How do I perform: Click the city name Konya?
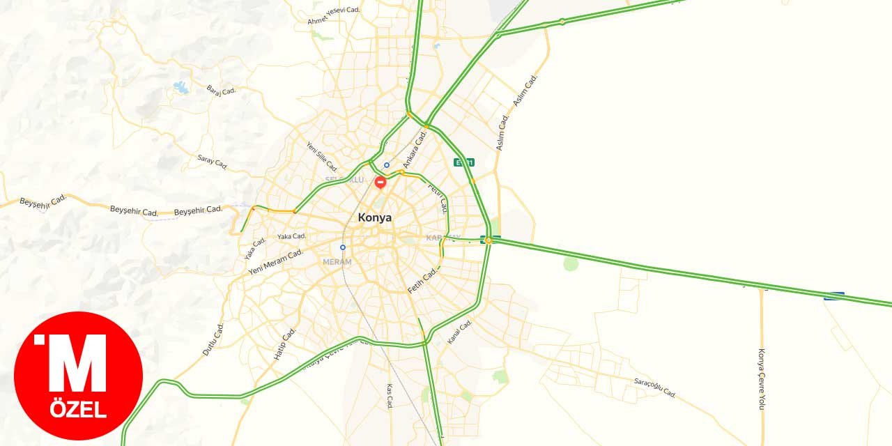(x=374, y=217)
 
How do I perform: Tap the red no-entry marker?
(x=380, y=183)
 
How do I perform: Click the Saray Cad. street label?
(x=213, y=162)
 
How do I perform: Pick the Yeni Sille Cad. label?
(x=322, y=157)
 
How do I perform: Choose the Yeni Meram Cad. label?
(x=275, y=261)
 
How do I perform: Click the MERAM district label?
(x=337, y=262)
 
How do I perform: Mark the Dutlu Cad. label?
(x=213, y=339)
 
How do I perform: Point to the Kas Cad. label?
(x=390, y=395)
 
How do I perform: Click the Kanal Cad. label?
(x=460, y=332)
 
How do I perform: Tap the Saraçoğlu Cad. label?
(x=655, y=388)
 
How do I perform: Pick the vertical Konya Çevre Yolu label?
(x=762, y=379)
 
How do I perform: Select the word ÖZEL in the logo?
(x=78, y=410)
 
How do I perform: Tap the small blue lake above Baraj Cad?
(x=181, y=87)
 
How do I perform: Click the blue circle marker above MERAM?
(x=343, y=247)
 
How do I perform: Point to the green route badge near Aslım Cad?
(x=464, y=162)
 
